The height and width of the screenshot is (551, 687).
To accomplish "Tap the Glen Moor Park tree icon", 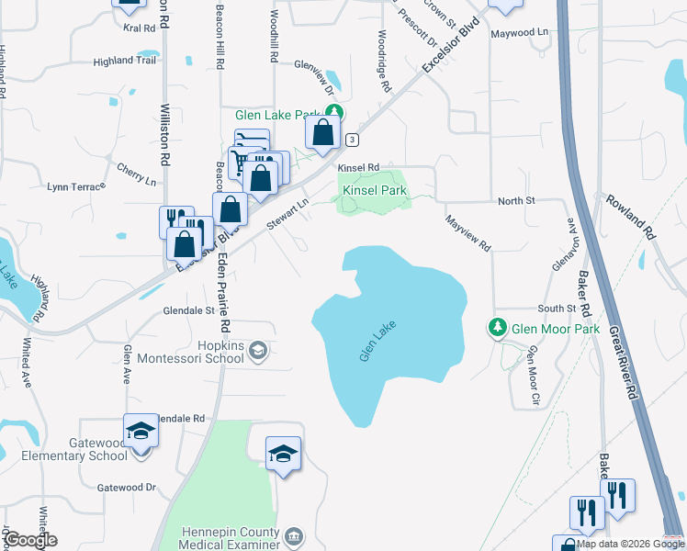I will pyautogui.click(x=497, y=327).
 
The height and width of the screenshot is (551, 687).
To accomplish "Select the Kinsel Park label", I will pyautogui.click(x=374, y=191).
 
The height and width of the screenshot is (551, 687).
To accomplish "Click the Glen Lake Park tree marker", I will pyautogui.click(x=335, y=114).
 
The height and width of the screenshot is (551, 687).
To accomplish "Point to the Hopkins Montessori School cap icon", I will pyautogui.click(x=259, y=349).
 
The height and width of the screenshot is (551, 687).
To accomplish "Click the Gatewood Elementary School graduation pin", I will pyautogui.click(x=141, y=430).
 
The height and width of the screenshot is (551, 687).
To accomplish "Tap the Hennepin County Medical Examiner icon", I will pyautogui.click(x=293, y=535).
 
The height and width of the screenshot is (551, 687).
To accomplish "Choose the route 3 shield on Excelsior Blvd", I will pyautogui.click(x=353, y=139).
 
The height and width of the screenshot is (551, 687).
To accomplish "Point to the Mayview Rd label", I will pyautogui.click(x=468, y=235).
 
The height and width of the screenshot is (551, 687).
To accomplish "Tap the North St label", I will pyautogui.click(x=516, y=201).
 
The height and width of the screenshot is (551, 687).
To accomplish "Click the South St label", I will pyautogui.click(x=557, y=309).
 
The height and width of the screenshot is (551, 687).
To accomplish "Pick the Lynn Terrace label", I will pyautogui.click(x=76, y=186).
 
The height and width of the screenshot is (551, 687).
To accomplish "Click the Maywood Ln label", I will pyautogui.click(x=519, y=32).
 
